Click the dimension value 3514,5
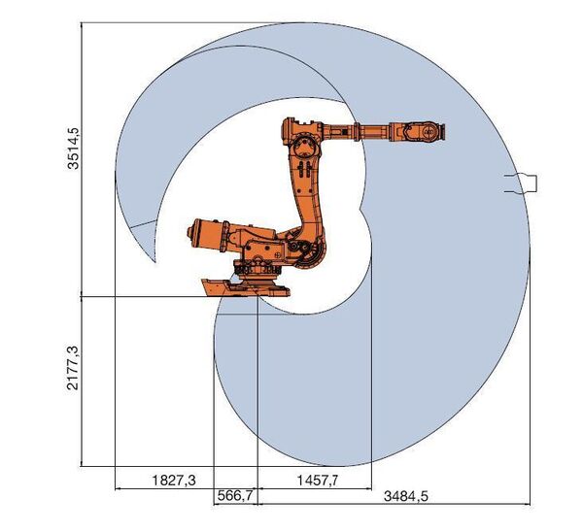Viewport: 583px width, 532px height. click(73, 149)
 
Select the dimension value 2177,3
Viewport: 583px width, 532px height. click(73, 368)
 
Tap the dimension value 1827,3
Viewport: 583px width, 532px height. click(174, 481)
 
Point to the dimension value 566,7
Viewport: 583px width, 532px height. click(235, 495)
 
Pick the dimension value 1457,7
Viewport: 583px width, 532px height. click(318, 481)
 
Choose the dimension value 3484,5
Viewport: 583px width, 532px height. click(406, 496)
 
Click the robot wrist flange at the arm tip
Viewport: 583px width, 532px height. click(442, 132)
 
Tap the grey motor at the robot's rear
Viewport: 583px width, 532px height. click(208, 235)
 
